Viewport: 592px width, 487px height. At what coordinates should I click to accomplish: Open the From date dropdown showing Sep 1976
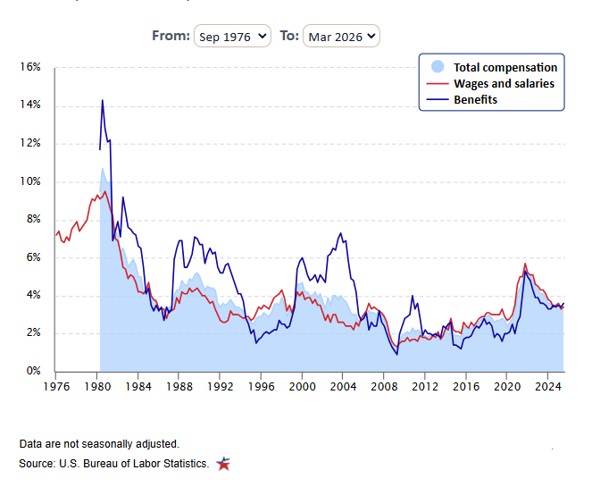[232, 36]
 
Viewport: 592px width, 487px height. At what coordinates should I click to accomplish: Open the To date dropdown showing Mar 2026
[341, 36]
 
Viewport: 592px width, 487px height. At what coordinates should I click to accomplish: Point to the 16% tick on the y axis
[30, 67]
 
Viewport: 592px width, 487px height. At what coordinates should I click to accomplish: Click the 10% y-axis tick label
[30, 181]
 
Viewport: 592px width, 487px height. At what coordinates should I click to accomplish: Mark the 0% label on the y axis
[33, 371]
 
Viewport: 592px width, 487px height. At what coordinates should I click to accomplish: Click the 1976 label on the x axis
[56, 387]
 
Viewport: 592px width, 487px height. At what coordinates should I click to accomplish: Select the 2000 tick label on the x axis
[302, 387]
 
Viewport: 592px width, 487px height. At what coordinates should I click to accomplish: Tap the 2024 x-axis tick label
[548, 387]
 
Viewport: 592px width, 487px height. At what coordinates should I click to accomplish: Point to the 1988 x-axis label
[179, 387]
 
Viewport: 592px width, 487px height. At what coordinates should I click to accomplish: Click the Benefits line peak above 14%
[103, 100]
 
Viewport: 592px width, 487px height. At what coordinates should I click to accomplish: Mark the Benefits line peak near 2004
[340, 233]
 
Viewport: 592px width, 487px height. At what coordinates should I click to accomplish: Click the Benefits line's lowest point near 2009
[396, 355]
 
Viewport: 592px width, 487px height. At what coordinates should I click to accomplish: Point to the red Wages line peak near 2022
[525, 264]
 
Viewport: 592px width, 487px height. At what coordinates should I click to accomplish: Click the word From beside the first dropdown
[171, 36]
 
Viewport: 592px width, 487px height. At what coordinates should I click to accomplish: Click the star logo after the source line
[223, 464]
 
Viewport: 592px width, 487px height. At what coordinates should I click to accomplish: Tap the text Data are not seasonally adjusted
[99, 443]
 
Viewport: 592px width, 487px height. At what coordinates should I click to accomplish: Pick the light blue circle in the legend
[438, 66]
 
